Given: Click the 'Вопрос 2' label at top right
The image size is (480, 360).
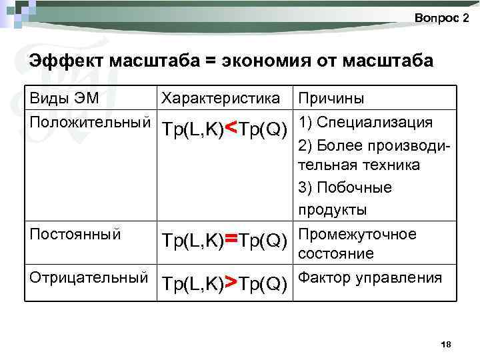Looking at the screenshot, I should (441, 18).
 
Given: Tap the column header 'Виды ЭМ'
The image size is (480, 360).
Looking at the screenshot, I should (64, 99).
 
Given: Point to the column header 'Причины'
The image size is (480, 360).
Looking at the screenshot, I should (331, 99).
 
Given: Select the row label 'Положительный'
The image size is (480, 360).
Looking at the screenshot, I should (89, 123).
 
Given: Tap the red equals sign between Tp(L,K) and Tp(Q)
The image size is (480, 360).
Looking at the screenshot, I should (231, 238).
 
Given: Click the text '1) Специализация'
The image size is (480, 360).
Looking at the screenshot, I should (366, 123).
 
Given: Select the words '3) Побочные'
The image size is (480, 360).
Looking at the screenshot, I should (345, 187).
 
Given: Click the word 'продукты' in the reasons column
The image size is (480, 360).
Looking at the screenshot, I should (332, 209).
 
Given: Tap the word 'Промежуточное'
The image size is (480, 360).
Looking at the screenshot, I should (357, 234).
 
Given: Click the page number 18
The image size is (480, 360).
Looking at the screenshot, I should (447, 344).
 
